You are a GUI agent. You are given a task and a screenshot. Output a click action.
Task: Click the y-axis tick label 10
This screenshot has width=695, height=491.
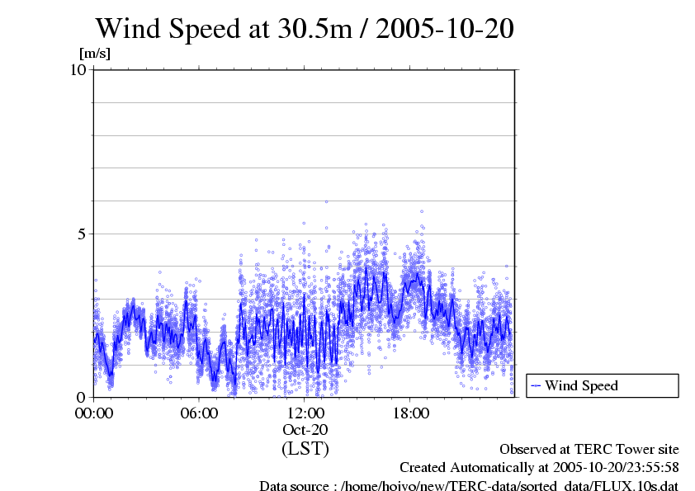click(x=79, y=70)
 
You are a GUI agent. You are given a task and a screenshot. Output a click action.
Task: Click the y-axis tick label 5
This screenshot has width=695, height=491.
click(x=83, y=234)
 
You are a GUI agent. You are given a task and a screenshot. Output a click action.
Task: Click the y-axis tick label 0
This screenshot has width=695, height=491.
click(x=83, y=397)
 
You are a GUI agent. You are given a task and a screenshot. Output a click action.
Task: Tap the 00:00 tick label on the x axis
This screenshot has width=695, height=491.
click(x=94, y=413)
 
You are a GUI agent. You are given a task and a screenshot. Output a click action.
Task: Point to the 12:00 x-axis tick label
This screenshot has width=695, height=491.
click(x=305, y=413)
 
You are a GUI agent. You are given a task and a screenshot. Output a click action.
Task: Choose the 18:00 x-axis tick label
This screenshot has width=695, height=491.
click(x=411, y=413)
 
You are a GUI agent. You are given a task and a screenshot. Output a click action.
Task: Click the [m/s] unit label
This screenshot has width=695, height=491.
click(x=94, y=54)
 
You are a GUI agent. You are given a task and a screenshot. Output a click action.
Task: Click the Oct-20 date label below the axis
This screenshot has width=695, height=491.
click(x=305, y=430)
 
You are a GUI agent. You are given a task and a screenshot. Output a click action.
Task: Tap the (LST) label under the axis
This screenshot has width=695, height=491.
click(x=305, y=449)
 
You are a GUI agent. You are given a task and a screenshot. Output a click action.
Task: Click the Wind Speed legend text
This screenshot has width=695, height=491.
click(x=581, y=385)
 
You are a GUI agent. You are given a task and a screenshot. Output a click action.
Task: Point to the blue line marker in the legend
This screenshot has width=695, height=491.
click(x=536, y=385)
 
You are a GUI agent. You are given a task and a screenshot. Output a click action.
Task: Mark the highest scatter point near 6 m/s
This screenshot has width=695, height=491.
click(x=326, y=201)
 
